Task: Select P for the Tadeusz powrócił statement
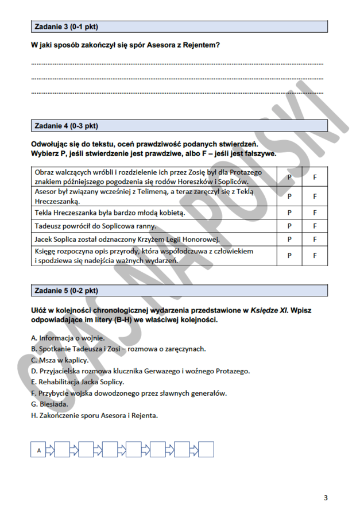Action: pos(289,226)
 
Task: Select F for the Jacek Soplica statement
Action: pos(315,240)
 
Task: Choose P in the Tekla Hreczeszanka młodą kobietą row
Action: pos(289,213)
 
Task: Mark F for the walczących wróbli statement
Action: pos(315,177)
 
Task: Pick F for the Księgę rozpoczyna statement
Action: pos(315,256)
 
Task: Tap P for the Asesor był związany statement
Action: pos(289,196)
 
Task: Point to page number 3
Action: pos(326,497)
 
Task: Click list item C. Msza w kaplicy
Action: pos(60,360)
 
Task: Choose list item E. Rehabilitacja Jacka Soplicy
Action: pos(78,381)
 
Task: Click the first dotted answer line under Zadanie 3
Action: pos(177,64)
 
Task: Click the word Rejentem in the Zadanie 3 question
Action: pos(202,45)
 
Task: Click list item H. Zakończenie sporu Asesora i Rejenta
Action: pos(94,415)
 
